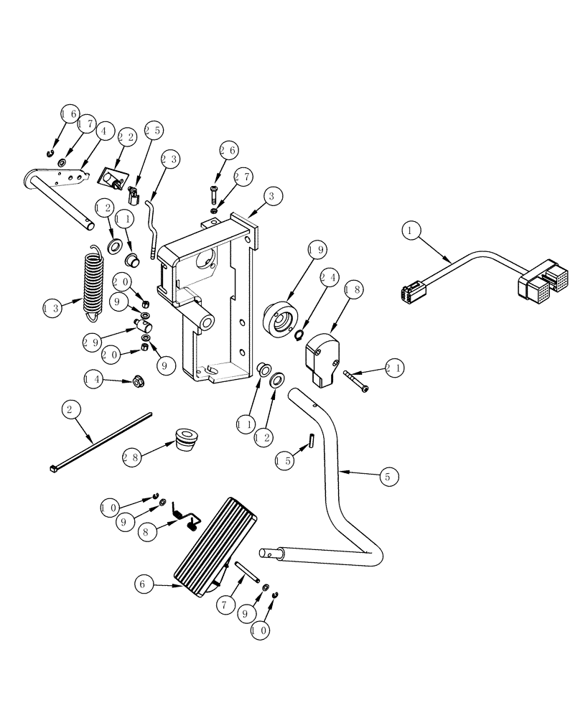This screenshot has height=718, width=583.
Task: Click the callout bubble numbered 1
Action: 410,232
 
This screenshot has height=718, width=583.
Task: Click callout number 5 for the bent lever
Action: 386,475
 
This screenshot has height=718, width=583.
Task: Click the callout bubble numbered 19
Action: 316,250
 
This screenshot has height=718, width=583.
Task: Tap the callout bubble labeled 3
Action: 271,195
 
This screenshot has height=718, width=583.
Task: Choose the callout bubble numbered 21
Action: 394,368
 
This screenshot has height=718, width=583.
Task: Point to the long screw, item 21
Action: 356,380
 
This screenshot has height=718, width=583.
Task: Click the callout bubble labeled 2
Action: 69,411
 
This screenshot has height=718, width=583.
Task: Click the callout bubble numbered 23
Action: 169,159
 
